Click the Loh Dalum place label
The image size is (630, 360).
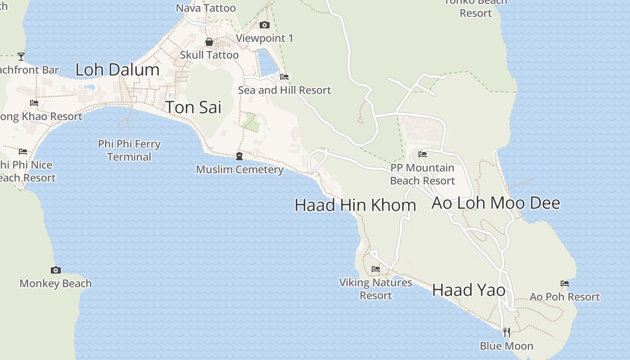click(x=117, y=70)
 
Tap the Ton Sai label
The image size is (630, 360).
click(x=193, y=108)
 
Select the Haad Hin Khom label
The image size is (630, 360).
click(x=355, y=205)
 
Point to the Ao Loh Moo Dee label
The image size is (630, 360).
click(x=495, y=203)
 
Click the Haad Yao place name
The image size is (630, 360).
click(x=468, y=290)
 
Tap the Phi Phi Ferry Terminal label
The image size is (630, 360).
click(x=129, y=150)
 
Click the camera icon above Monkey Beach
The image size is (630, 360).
click(x=56, y=270)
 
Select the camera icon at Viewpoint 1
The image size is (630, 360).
click(x=265, y=25)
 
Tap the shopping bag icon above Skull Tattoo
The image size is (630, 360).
click(x=209, y=42)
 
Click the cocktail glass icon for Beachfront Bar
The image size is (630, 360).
click(x=21, y=56)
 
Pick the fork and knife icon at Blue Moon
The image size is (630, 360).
click(x=507, y=333)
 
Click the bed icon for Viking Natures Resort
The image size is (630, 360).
click(x=376, y=269)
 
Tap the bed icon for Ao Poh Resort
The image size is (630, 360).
click(x=565, y=283)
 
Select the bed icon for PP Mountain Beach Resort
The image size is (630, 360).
click(x=423, y=154)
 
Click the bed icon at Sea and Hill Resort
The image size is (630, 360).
click(x=284, y=77)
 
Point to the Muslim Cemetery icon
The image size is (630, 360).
click(x=239, y=156)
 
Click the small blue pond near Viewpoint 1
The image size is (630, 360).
click(x=267, y=62)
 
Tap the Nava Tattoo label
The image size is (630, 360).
click(x=206, y=8)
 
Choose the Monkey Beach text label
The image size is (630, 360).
click(x=56, y=283)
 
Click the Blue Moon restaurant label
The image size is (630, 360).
click(x=506, y=346)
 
